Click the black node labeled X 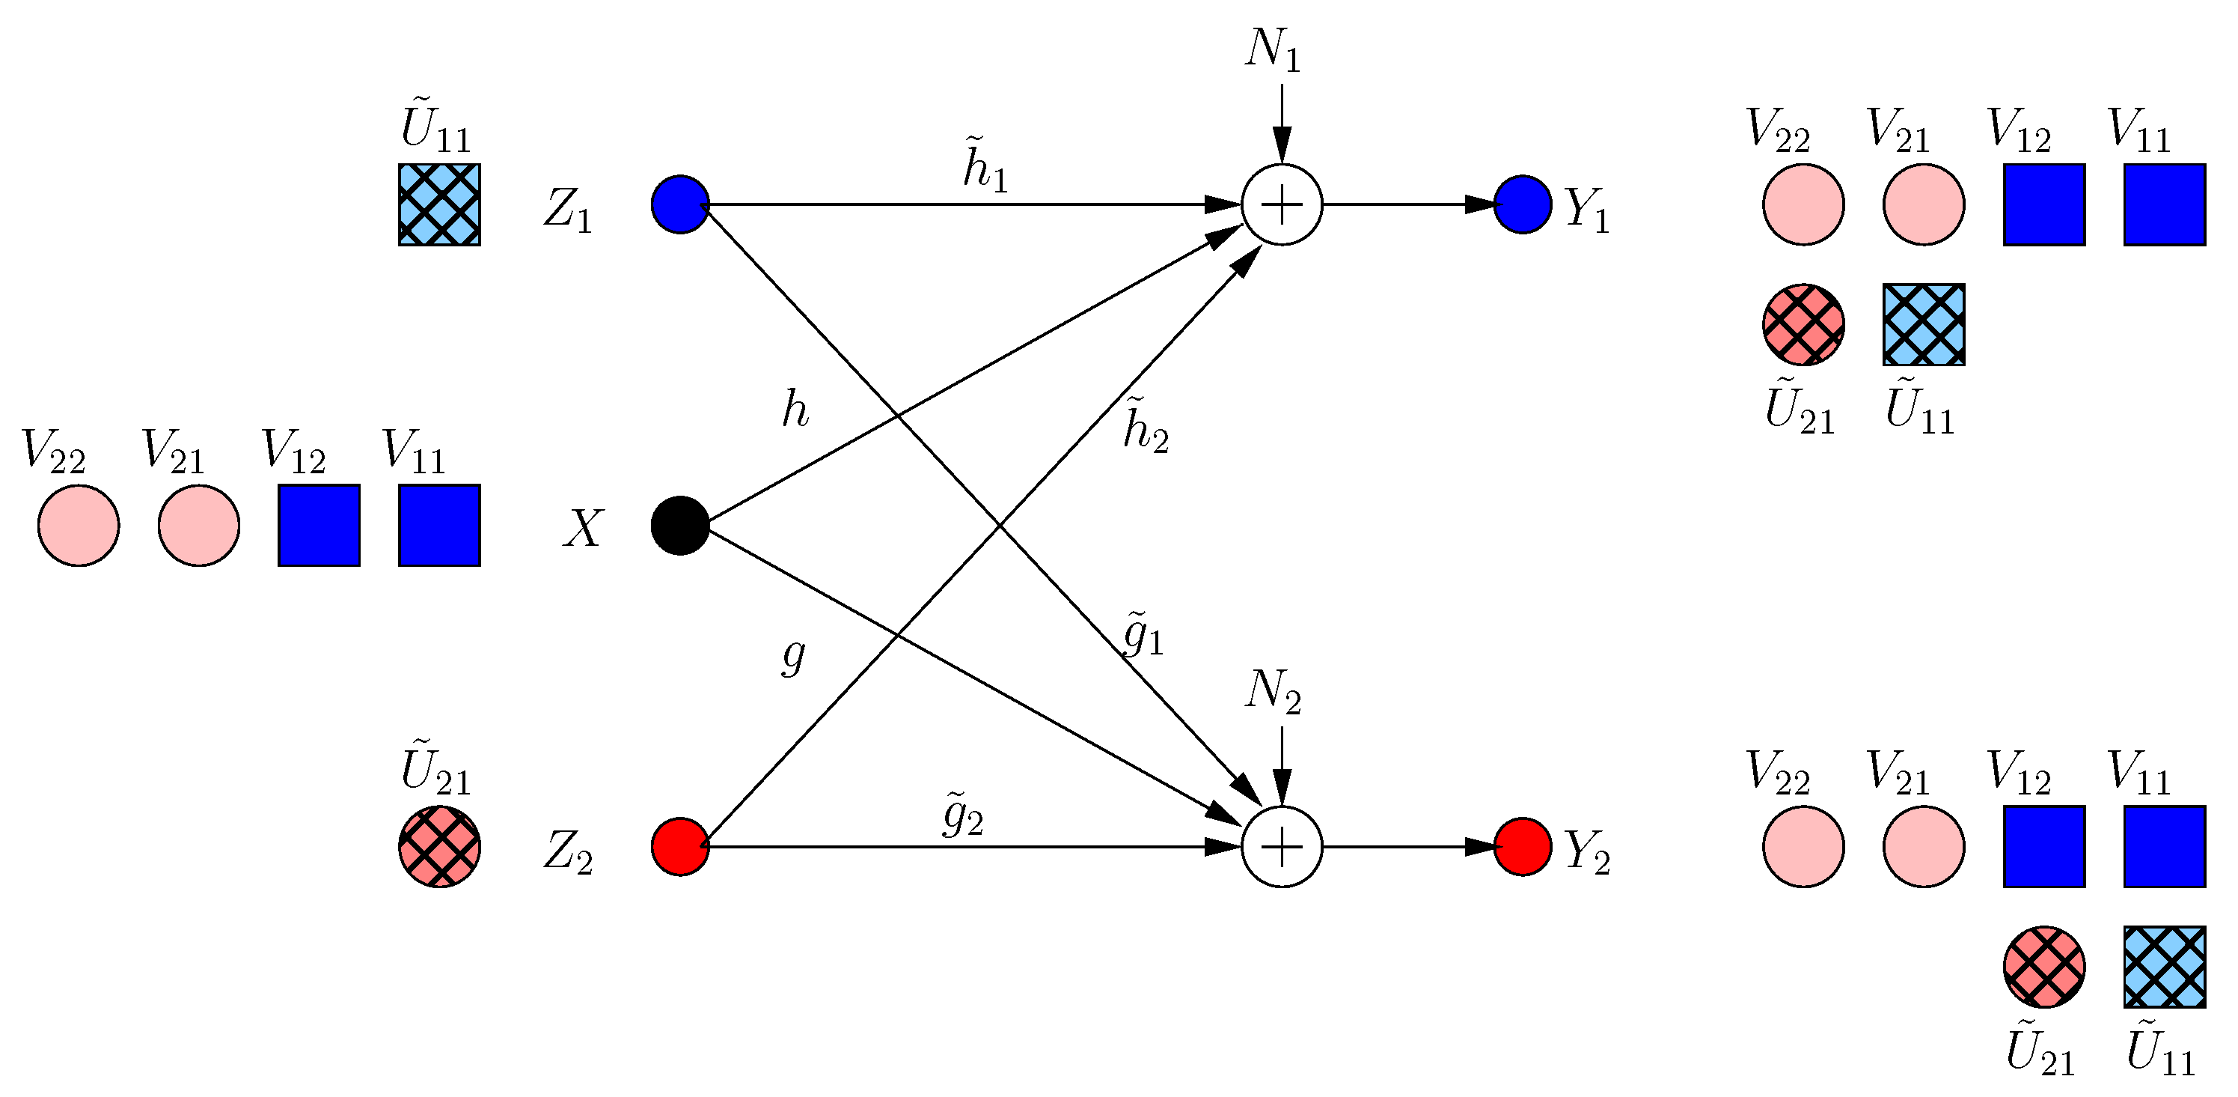[x=680, y=525]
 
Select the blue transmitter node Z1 [x=680, y=204]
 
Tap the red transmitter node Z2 [x=680, y=846]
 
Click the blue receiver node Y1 [x=1522, y=204]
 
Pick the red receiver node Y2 [x=1522, y=846]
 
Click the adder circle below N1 [x=1282, y=204]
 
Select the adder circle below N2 [x=1282, y=846]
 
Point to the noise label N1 [x=1273, y=50]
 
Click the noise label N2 [x=1273, y=693]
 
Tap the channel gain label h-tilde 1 [x=985, y=165]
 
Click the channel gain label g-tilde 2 [x=964, y=814]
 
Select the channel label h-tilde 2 [x=1145, y=426]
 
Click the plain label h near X [x=795, y=410]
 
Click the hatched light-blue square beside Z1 [x=440, y=204]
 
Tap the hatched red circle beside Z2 [x=440, y=846]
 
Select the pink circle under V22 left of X [x=78, y=525]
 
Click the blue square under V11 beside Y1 [x=2164, y=204]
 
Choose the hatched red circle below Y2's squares [x=2043, y=966]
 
